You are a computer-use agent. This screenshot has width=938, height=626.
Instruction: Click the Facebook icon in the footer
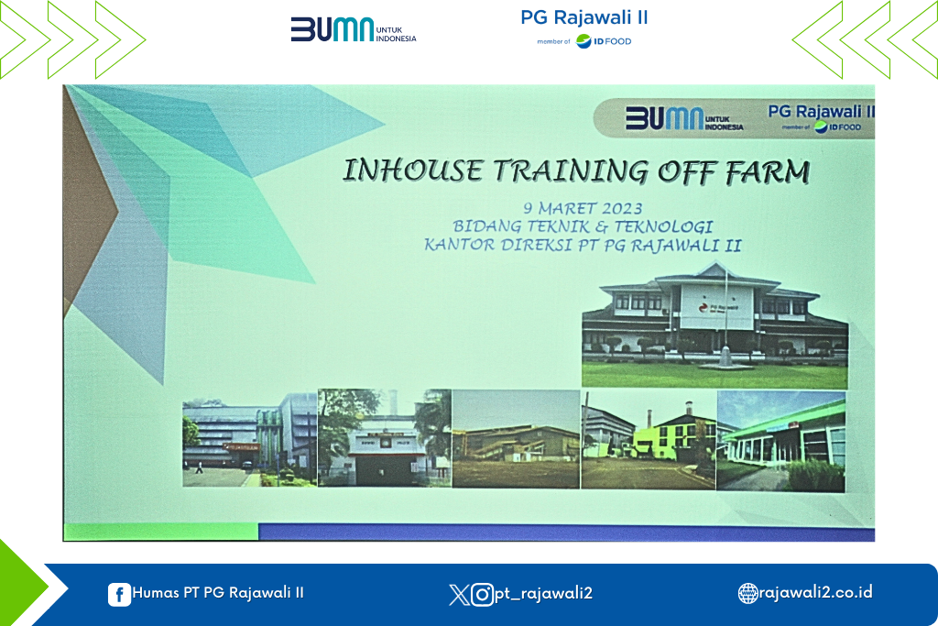click(x=119, y=594)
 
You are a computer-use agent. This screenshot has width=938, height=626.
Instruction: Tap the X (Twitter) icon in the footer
click(x=459, y=594)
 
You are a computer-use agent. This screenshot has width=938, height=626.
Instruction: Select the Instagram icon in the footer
click(x=482, y=594)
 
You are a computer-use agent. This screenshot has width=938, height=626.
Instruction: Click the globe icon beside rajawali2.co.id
click(x=747, y=593)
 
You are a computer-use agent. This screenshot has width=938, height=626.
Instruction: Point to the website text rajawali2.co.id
click(x=815, y=592)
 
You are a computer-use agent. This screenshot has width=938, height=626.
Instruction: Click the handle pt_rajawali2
click(x=543, y=594)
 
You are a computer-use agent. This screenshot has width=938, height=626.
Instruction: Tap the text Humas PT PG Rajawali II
click(x=218, y=592)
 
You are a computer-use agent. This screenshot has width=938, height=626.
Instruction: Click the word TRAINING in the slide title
click(x=571, y=171)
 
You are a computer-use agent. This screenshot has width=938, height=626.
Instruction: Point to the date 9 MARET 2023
click(x=583, y=208)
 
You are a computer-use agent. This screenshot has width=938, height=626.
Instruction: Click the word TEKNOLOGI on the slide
click(x=663, y=226)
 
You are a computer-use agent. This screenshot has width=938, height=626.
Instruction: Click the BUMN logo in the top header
click(x=353, y=29)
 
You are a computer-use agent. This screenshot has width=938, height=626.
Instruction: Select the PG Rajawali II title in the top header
click(x=584, y=17)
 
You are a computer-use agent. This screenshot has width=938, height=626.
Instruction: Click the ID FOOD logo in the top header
click(x=604, y=41)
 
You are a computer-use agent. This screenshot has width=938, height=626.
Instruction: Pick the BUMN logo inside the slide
click(x=684, y=118)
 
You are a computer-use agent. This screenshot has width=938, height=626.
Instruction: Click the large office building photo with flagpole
click(x=714, y=325)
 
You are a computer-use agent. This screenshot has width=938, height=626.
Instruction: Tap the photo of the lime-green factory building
click(x=649, y=440)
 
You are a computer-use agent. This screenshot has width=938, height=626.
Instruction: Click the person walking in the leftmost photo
click(x=199, y=467)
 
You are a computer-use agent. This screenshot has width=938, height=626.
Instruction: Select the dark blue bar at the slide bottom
click(x=566, y=532)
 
